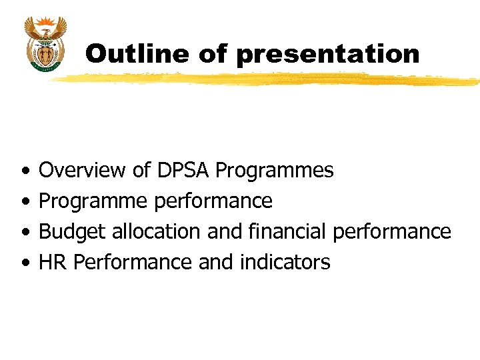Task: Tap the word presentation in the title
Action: pos(327,54)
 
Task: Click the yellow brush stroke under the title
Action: pos(267,79)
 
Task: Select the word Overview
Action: pos(82,171)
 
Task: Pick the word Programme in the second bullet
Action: pos(94,201)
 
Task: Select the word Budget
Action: pos(73,232)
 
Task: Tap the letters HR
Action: pos(53,262)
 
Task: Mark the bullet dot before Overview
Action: pos(25,171)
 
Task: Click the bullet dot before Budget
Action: pos(25,232)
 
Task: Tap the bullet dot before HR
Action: pos(25,263)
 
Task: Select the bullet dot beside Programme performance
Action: pos(25,201)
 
